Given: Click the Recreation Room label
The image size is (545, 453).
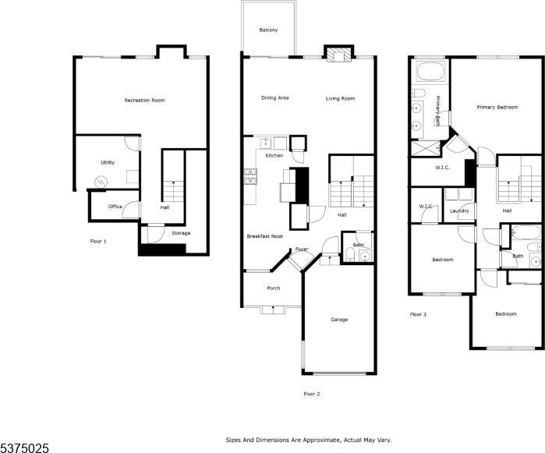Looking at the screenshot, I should click(144, 101).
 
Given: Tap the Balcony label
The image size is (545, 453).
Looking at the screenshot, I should click(268, 30).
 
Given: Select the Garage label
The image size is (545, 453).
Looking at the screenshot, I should click(338, 320).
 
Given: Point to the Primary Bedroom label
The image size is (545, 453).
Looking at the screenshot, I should click(497, 107).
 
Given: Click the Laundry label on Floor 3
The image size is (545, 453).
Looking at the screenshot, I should click(459, 211).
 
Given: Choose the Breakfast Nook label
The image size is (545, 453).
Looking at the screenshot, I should click(264, 236).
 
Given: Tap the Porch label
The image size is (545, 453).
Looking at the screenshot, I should click(273, 288).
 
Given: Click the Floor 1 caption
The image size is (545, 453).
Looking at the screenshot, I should click(98, 241).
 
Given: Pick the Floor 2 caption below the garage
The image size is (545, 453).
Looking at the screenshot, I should click(312, 394).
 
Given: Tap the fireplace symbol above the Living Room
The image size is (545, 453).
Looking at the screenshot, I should click(337, 55).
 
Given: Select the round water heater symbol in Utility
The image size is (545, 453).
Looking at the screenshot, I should click(100, 182).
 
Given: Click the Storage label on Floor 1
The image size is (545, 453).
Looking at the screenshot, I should click(180, 233).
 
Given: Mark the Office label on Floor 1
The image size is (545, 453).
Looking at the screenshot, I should click(115, 207).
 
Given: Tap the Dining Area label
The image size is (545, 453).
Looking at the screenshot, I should click(275, 98).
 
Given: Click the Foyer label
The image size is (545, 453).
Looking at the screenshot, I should click(301, 250).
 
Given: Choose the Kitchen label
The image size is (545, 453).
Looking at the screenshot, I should click(274, 156).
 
